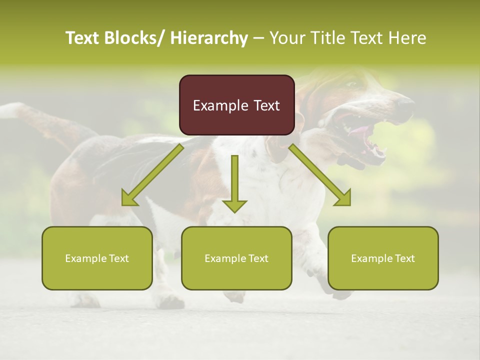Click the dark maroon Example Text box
tap(236, 105)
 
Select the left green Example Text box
tap(97, 258)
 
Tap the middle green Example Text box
tap(236, 258)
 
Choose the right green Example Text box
tap(383, 258)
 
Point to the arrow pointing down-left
tap(152, 175)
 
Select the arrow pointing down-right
tap(320, 175)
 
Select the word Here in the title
tap(407, 38)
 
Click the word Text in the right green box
tap(404, 258)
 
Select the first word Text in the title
tap(83, 38)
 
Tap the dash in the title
tap(259, 38)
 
